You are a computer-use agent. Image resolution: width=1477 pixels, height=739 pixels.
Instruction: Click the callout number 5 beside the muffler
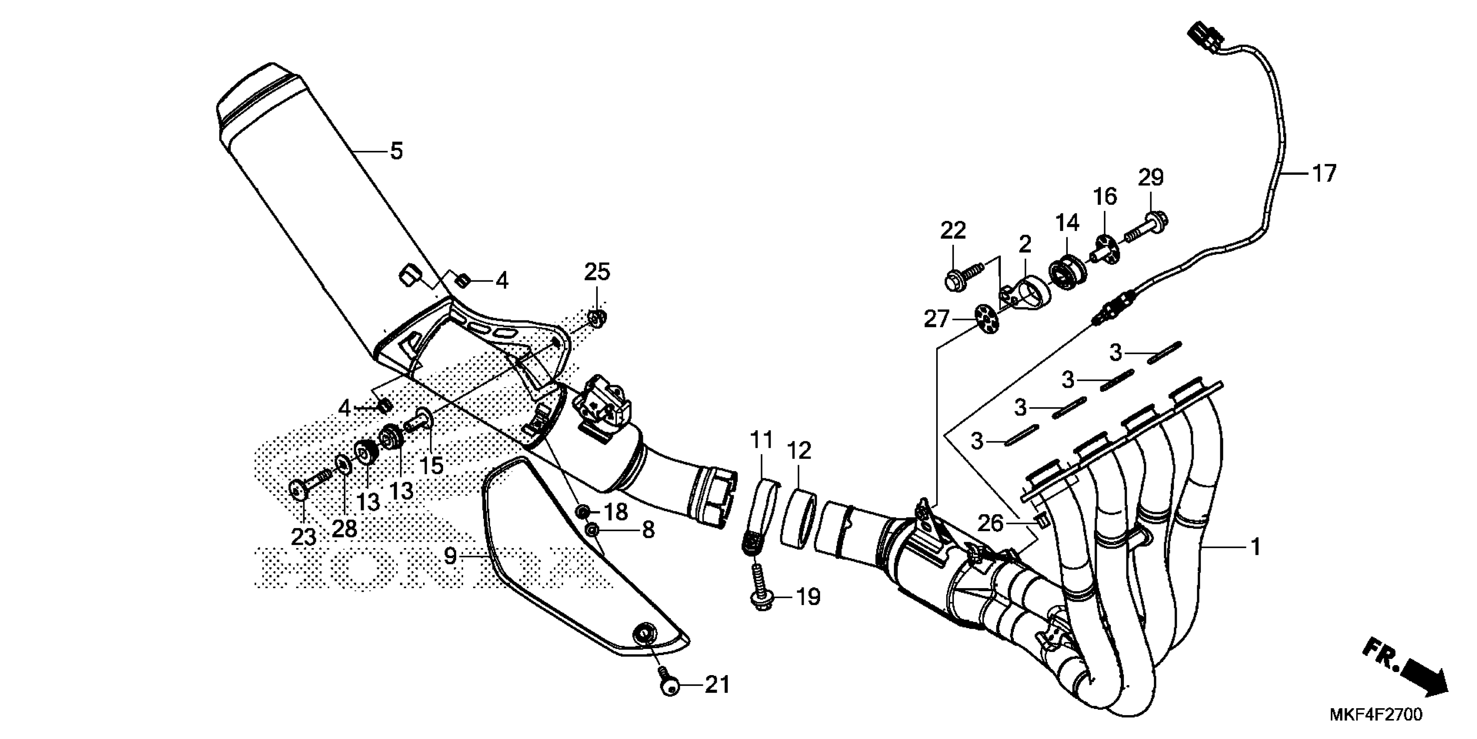tap(397, 151)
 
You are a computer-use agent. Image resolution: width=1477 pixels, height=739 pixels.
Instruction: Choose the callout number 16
tap(1105, 197)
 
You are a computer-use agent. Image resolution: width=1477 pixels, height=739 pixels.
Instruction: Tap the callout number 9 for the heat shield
tap(450, 556)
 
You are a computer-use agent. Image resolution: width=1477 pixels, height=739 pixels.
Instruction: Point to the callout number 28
tap(344, 528)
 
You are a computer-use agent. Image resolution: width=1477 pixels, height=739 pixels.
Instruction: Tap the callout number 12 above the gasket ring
tap(799, 451)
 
